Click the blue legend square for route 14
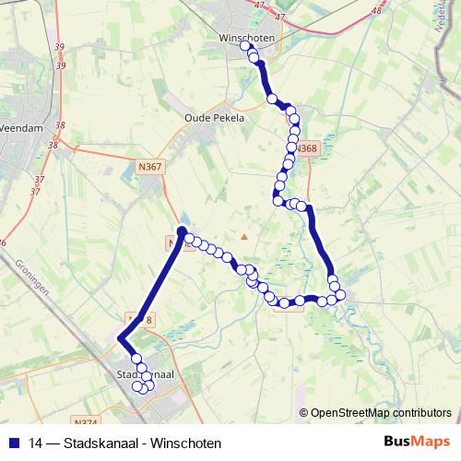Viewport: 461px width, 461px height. pos(16,443)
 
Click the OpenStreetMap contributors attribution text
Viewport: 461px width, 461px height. pos(380,413)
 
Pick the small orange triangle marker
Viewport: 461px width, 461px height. pos(244,237)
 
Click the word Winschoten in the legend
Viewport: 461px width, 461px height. pos(183,443)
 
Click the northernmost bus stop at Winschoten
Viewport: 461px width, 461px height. pos(251,50)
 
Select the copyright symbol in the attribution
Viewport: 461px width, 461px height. pos(303,413)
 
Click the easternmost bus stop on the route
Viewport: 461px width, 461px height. pos(340,295)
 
